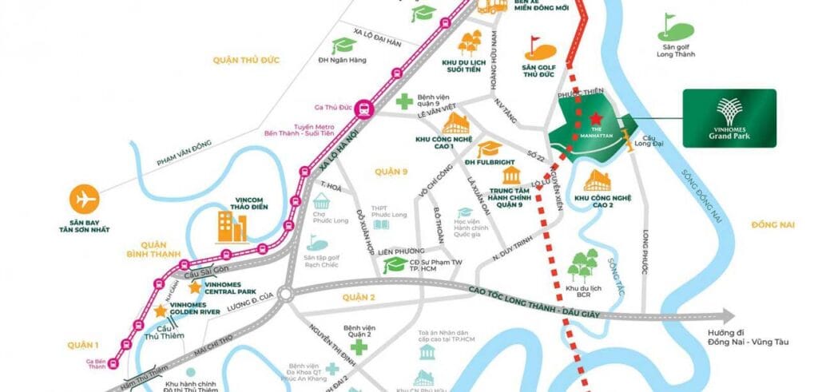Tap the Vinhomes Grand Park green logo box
click(729, 118)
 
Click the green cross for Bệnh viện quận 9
click(405, 102)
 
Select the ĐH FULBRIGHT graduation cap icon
click(489, 149)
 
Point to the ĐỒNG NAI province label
click(772, 226)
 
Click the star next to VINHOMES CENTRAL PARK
click(195, 287)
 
